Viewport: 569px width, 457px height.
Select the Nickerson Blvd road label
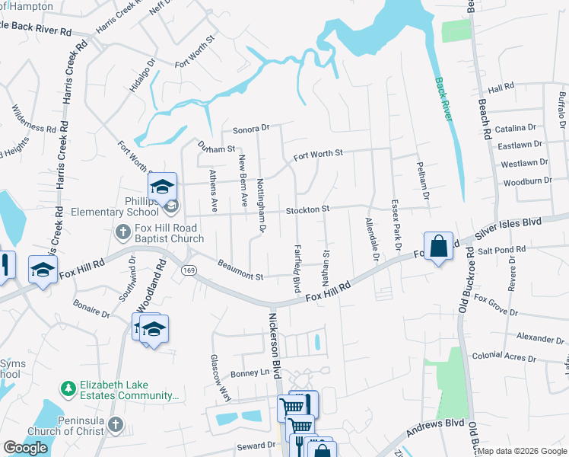pos(275,342)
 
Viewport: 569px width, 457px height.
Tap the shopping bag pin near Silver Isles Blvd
pos(438,247)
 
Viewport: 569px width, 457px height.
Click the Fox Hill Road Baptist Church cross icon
pos(122,231)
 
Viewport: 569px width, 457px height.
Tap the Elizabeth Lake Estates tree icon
pos(68,388)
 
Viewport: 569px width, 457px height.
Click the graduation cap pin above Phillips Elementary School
pos(162,187)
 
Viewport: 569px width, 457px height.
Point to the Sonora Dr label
pos(251,129)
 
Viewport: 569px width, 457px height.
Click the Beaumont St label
pos(240,271)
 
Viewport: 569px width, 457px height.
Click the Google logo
pos(25,448)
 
